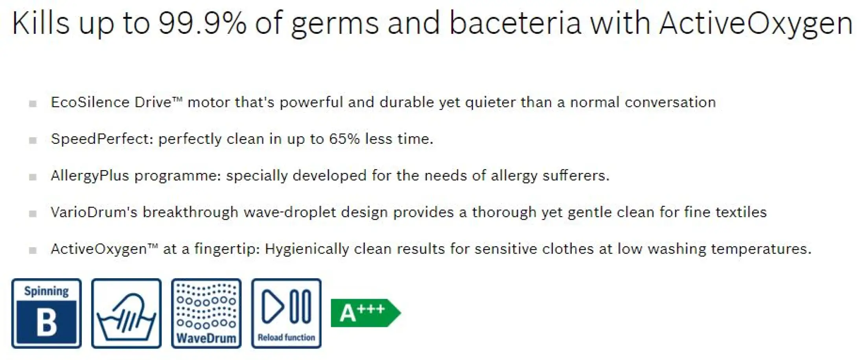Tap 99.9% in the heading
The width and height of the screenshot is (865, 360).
(x=202, y=23)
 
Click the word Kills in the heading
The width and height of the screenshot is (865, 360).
(x=40, y=23)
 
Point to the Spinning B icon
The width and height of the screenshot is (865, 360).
(x=46, y=313)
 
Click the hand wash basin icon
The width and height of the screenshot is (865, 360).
(x=126, y=313)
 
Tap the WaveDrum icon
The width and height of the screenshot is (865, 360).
(x=206, y=313)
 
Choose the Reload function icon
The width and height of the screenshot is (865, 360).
(x=286, y=313)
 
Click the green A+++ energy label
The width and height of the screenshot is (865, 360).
(x=366, y=313)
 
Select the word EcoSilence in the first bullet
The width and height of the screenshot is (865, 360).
(x=90, y=102)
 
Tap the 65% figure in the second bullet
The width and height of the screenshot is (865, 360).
(x=344, y=139)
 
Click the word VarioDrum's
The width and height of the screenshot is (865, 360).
(x=94, y=212)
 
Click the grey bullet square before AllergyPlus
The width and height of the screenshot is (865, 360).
(x=33, y=177)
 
